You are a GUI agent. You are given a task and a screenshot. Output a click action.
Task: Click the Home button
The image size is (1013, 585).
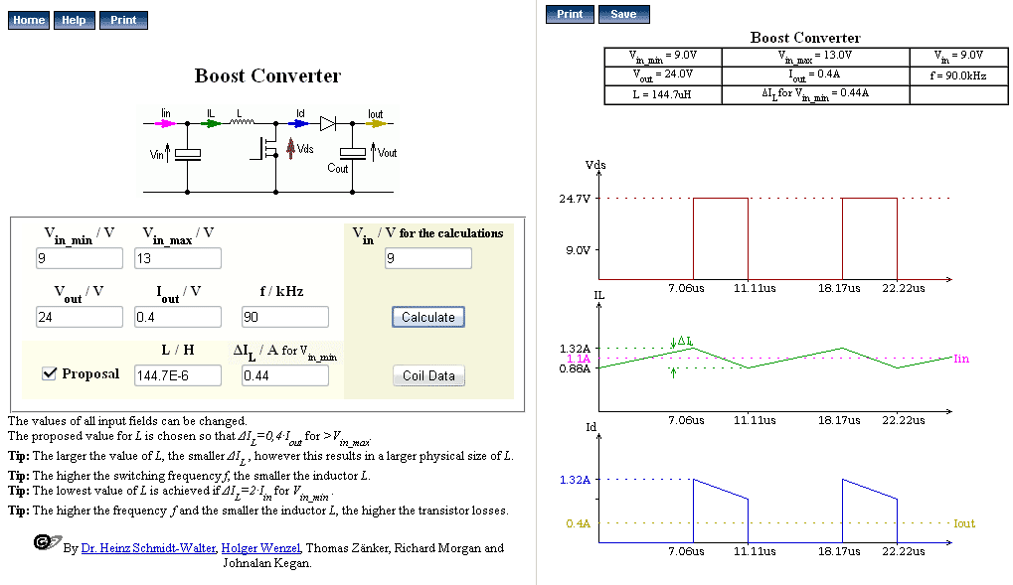point(29,20)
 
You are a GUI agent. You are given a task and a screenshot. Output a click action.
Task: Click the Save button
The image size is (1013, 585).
point(623,14)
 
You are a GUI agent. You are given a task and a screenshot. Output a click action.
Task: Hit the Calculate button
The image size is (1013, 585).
point(428,317)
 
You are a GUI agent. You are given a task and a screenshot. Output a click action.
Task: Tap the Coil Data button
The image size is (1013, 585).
point(428,375)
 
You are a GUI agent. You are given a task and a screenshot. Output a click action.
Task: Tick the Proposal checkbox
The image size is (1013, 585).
point(49,373)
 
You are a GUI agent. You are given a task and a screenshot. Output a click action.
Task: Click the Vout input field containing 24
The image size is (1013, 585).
point(80,317)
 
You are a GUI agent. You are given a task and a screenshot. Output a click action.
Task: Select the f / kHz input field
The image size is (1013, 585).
point(285,317)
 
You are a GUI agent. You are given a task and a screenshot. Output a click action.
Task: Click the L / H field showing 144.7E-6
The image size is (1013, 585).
point(178,375)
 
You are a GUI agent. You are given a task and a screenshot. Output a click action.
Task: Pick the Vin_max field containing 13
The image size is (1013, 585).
point(178,258)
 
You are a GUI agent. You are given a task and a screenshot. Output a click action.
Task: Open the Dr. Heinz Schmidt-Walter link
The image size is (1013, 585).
point(148,548)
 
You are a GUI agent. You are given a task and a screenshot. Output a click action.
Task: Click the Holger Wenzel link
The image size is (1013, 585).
point(261,548)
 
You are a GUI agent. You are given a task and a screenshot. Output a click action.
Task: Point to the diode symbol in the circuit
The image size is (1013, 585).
point(327,123)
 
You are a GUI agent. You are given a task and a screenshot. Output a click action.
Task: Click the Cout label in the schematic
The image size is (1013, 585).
point(338,169)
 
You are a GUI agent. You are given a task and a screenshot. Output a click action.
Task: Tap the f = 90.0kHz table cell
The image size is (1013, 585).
point(958,75)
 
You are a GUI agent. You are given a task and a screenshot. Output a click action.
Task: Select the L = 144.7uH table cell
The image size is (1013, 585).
point(662,94)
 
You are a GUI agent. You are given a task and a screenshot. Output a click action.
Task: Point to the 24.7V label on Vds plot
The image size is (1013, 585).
point(575,199)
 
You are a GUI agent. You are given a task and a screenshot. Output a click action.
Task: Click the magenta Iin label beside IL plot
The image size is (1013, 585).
point(961,359)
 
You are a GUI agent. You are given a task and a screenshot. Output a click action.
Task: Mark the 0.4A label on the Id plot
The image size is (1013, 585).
point(579,523)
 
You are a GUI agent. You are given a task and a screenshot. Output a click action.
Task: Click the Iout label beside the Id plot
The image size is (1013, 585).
point(964,523)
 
